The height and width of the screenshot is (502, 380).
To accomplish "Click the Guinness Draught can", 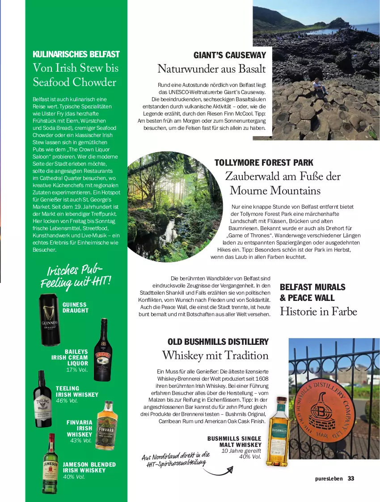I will (x=50, y=320).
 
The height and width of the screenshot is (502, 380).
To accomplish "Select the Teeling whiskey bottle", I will (x=43, y=399).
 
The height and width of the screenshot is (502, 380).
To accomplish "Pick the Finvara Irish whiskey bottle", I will (x=107, y=425).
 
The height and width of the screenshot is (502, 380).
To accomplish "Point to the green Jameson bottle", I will (x=51, y=464).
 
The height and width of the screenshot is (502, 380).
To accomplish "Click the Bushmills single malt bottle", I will (x=278, y=431).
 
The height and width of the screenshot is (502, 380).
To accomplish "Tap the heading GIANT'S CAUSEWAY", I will (x=229, y=56).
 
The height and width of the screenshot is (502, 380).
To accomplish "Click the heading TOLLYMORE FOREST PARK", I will (x=264, y=163).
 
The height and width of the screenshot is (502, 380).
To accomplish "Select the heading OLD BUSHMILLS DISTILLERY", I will (x=218, y=342).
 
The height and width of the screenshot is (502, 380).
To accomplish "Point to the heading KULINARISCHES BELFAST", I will (x=76, y=54).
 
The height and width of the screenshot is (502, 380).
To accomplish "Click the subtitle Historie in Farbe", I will (x=318, y=311).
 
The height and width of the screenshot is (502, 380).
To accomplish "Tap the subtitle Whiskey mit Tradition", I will (x=215, y=356).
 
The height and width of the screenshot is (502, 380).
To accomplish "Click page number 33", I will (x=351, y=478).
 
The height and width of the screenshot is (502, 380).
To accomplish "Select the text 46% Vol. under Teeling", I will (x=67, y=400).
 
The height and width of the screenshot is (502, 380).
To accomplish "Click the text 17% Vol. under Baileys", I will (x=77, y=369).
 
